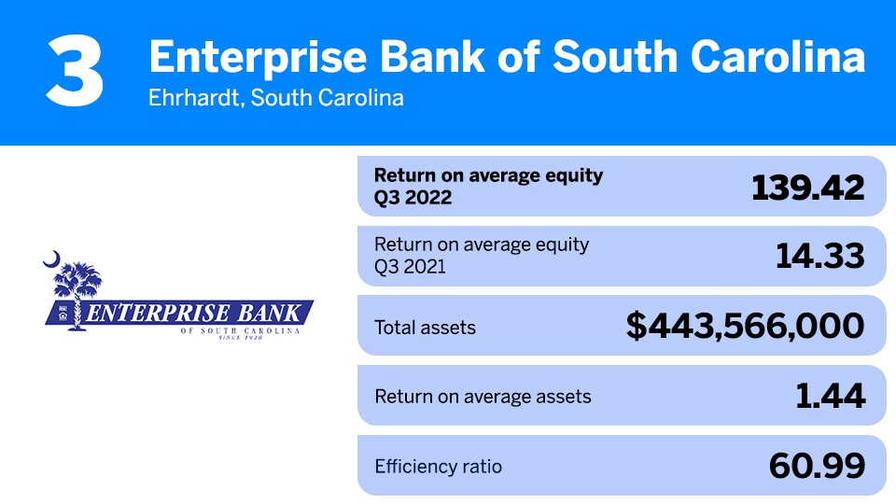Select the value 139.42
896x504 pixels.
point(808,187)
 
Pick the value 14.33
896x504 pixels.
point(820,256)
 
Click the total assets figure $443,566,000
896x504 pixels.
point(745,326)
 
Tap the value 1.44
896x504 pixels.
point(831,396)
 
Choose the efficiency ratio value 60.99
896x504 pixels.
point(817,465)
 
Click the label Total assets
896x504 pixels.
point(425,327)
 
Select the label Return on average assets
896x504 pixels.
point(483,397)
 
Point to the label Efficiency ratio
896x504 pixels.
point(438,466)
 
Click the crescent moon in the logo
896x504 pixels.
point(52,259)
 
